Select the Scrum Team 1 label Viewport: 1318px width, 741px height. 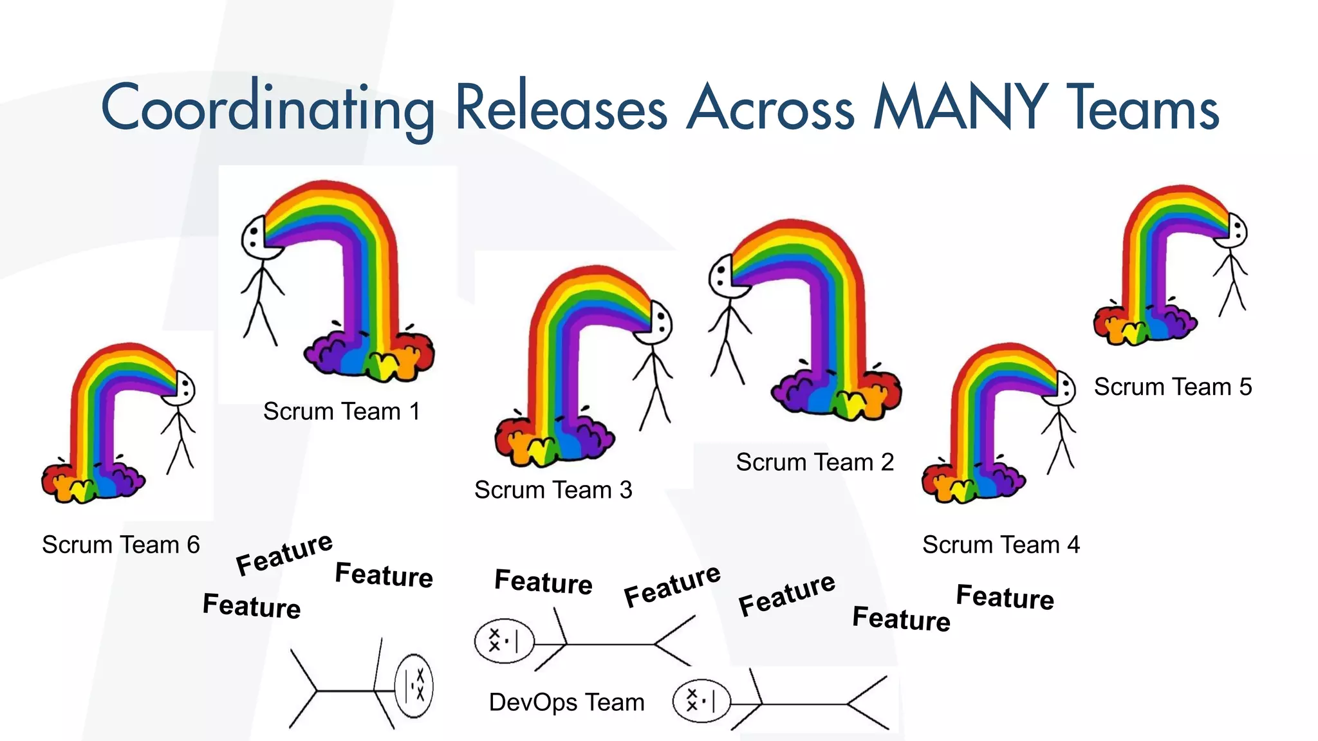[x=341, y=412]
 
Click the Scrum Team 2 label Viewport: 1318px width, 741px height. [x=815, y=462]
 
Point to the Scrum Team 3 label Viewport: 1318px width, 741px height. [x=553, y=490]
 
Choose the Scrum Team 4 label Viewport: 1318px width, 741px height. [x=1001, y=545]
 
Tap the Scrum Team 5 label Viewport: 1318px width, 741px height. [x=1173, y=387]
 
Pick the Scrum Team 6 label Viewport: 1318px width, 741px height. [x=121, y=545]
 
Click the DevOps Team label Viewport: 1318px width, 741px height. [x=566, y=702]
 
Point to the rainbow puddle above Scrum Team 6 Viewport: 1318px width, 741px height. [x=93, y=481]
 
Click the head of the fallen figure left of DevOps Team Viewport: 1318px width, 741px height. [x=414, y=686]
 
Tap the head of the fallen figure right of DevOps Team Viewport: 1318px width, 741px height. [x=701, y=701]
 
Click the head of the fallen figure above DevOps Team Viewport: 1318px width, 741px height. [x=505, y=641]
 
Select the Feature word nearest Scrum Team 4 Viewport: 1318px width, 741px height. [x=1005, y=597]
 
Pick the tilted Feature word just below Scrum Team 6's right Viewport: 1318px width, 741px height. [x=284, y=554]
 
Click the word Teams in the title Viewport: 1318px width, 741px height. [x=1143, y=108]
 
